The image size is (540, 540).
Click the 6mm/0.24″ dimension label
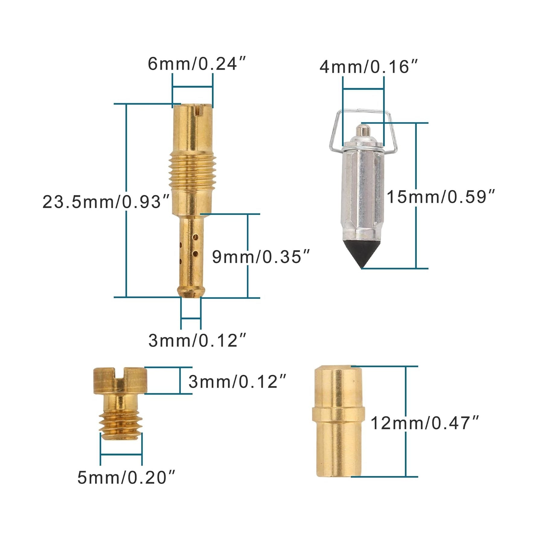[x=197, y=64]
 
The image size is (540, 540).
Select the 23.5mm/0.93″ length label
[x=106, y=202]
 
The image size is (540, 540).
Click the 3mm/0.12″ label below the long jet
[x=198, y=340]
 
